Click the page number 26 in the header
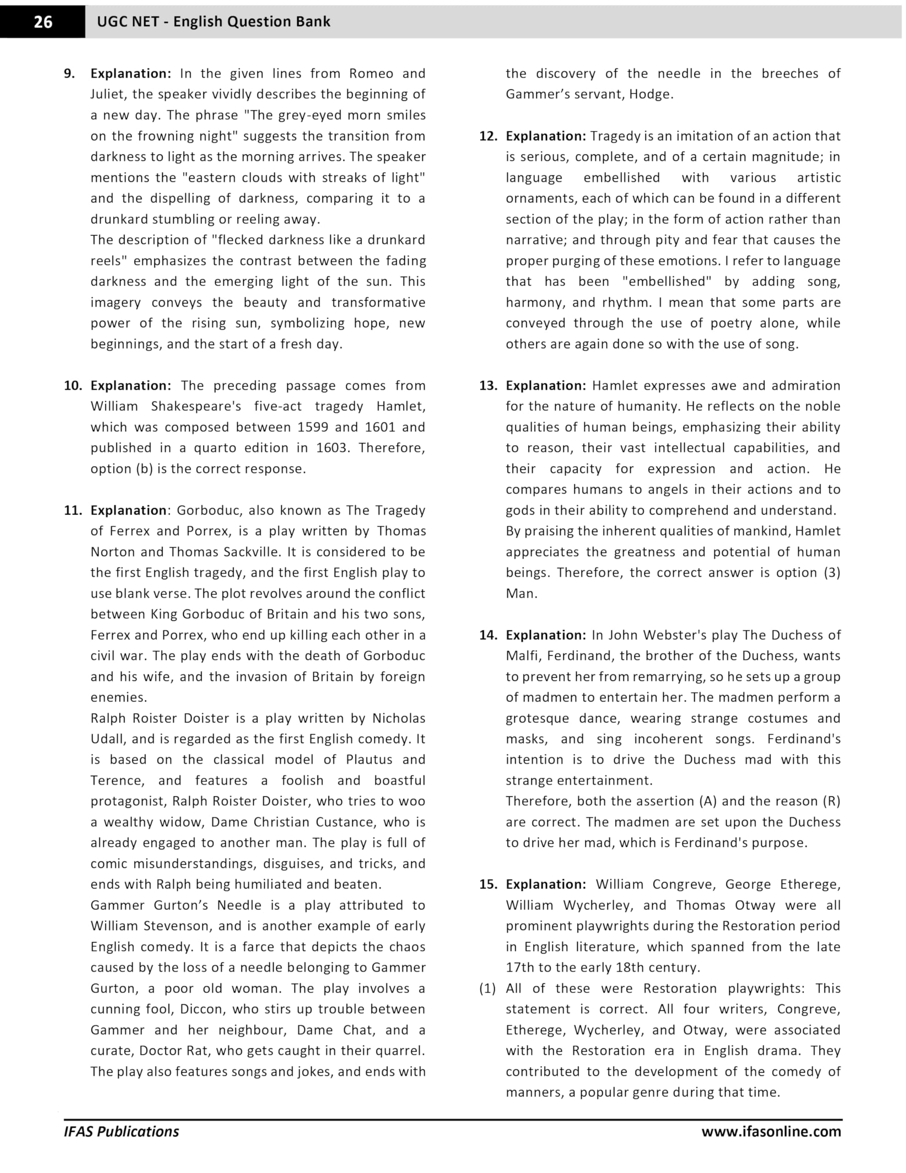(43, 22)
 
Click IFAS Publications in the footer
(121, 1132)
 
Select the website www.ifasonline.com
(771, 1132)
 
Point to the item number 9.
(69, 74)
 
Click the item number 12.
(488, 136)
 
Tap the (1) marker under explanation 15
(488, 988)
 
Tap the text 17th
(520, 967)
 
